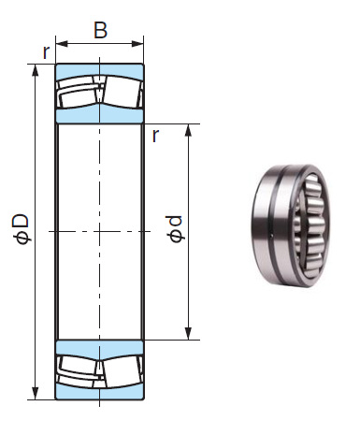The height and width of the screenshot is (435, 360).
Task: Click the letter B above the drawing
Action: click(x=100, y=28)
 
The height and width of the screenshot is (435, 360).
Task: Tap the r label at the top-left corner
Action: click(x=46, y=52)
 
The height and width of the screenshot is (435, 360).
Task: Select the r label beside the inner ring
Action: click(x=154, y=136)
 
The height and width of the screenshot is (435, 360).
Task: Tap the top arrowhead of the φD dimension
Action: click(x=36, y=70)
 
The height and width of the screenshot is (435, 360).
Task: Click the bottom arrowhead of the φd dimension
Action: click(x=189, y=334)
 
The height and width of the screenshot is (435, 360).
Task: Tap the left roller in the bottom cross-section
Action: click(x=79, y=368)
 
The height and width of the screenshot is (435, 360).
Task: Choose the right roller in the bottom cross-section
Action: click(x=122, y=368)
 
